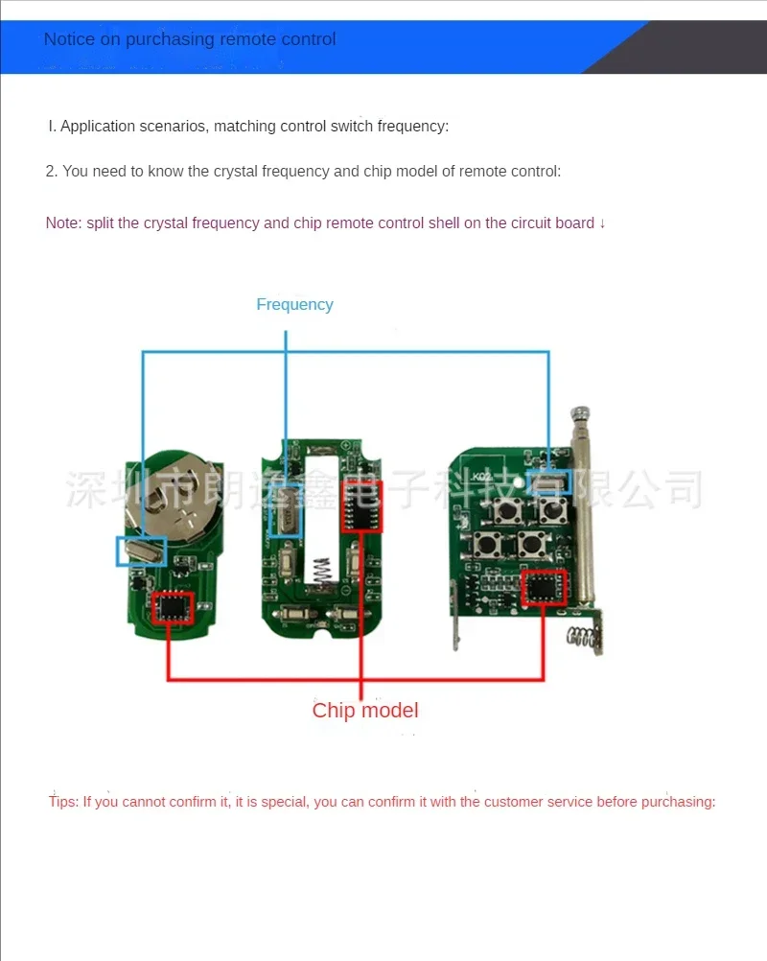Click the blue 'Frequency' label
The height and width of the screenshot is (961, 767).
pyautogui.click(x=294, y=305)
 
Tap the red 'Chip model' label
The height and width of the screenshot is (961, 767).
pyautogui.click(x=365, y=711)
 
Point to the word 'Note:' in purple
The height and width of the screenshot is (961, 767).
pyautogui.click(x=64, y=223)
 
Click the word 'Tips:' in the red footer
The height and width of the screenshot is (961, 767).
pyautogui.click(x=63, y=802)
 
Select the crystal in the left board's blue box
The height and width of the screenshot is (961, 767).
pyautogui.click(x=141, y=551)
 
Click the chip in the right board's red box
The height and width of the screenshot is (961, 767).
pyautogui.click(x=543, y=587)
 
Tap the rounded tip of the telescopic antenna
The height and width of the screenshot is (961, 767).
pyautogui.click(x=579, y=414)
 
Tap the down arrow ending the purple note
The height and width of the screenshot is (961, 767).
pyautogui.click(x=602, y=223)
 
